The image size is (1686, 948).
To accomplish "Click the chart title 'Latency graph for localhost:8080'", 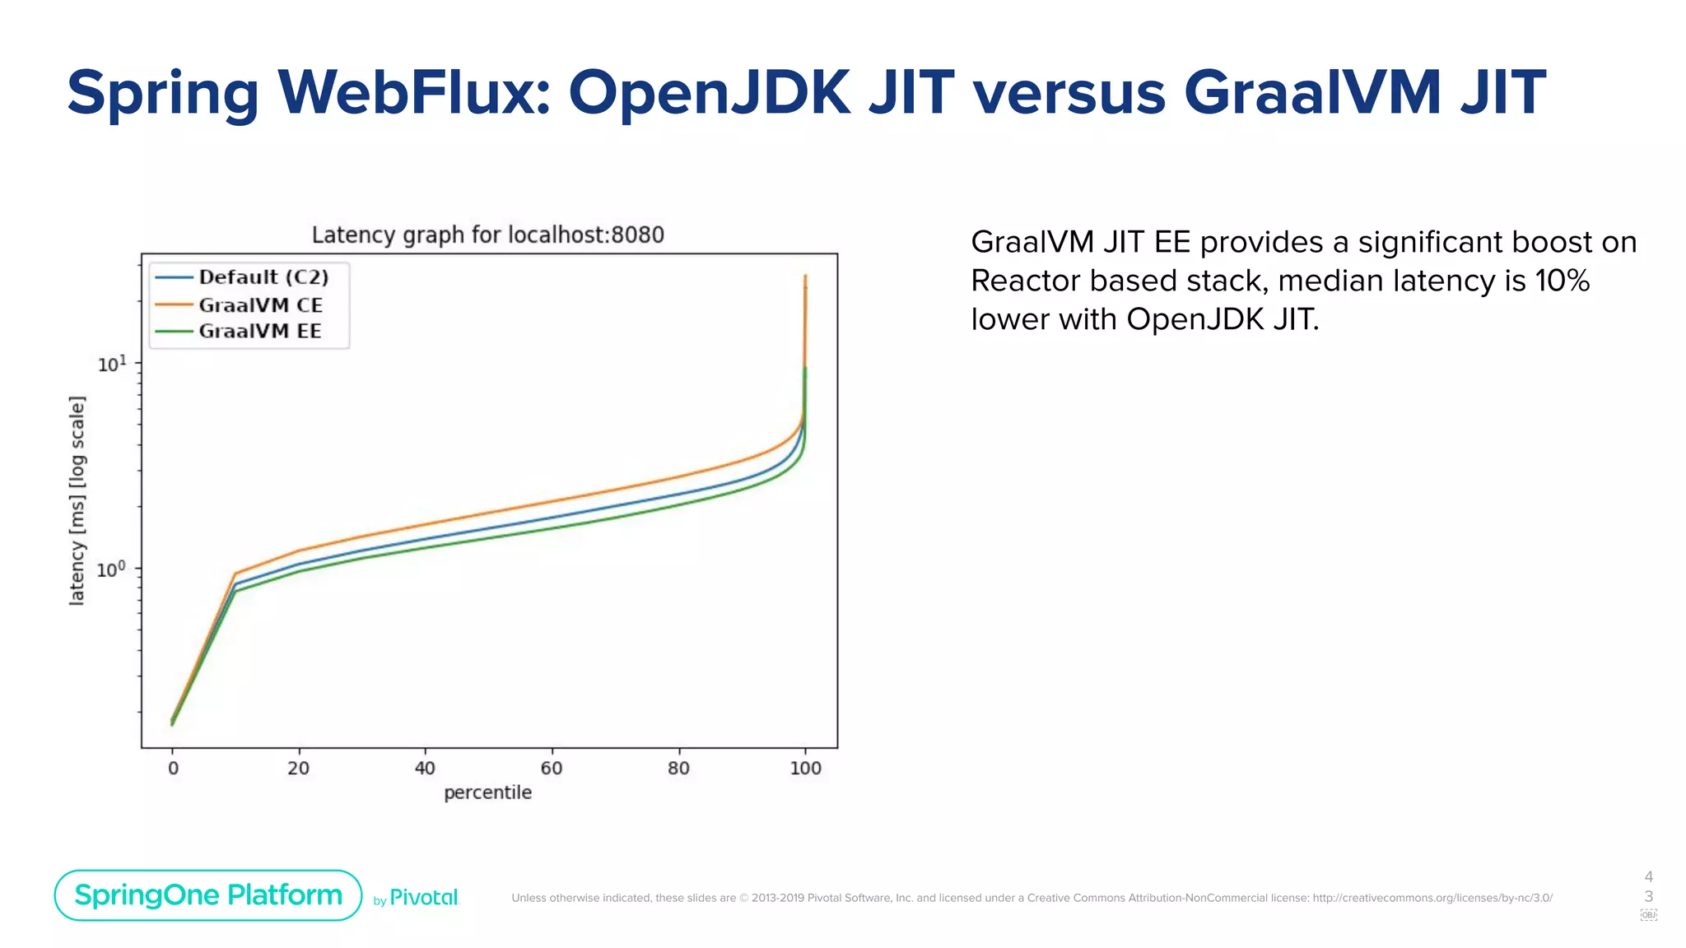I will pos(487,235).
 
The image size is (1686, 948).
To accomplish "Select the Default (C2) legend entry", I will pos(263,277).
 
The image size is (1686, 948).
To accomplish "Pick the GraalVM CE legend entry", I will pos(260,305).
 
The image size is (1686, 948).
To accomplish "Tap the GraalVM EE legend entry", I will pos(259,332).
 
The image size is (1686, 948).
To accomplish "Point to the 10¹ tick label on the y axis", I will pos(112,364).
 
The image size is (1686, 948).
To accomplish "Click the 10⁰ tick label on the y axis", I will pos(111,569).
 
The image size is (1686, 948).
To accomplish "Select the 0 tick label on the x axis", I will pos(173,769).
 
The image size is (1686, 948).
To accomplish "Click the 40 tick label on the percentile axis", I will pos(425,769).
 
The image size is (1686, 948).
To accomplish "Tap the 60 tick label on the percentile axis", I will pos(552,769).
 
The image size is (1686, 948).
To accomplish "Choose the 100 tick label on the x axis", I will pos(805,769).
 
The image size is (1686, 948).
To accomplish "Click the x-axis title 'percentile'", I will pos(487,793).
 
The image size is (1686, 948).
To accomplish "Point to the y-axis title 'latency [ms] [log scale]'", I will pos(77,500).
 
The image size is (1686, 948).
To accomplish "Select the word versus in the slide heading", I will pos(1069,92).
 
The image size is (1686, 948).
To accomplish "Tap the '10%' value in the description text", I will pos(1562,281).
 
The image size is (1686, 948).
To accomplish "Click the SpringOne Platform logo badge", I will pos(208,895).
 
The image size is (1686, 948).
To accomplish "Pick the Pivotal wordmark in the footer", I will pos(423,898).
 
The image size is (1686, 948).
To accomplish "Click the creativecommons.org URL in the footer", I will pos(1432,898).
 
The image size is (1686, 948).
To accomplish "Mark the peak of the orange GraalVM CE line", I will pos(805,276).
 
